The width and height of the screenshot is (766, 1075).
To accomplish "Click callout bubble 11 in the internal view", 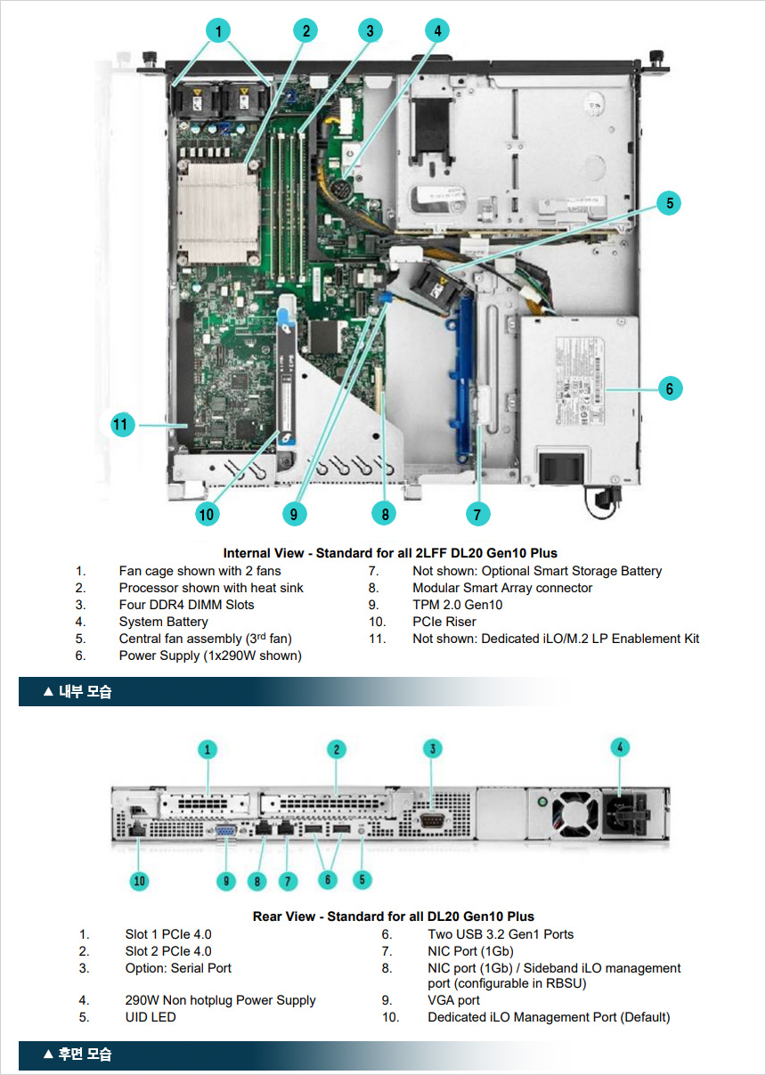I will point(122,425).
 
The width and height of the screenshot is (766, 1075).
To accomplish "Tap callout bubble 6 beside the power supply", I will point(670,388).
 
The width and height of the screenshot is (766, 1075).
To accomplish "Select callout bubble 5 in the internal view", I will point(669,203).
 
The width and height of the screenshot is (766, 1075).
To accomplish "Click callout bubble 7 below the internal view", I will point(477,514).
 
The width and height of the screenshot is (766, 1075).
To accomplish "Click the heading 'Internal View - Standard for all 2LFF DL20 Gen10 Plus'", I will point(390,553).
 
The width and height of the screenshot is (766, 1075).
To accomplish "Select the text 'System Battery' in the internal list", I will point(163,622).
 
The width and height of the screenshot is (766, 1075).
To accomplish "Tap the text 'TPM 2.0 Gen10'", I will point(457,605).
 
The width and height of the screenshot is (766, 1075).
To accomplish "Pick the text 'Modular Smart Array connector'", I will point(502,588).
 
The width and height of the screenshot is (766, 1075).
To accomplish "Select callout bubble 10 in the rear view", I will point(139,881).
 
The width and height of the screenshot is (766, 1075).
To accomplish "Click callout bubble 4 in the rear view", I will point(620,747).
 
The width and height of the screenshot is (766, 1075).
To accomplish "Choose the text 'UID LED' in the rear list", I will point(151,1017).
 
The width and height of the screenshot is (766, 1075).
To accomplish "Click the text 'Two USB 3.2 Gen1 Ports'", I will point(501,934).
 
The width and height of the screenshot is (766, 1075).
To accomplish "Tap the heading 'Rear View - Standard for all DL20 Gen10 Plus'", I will point(394,916).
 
